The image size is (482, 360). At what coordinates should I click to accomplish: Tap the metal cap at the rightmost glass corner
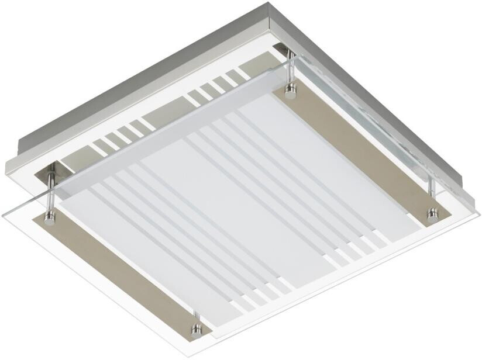click(432, 214)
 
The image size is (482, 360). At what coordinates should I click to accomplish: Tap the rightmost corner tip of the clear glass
click(478, 215)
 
